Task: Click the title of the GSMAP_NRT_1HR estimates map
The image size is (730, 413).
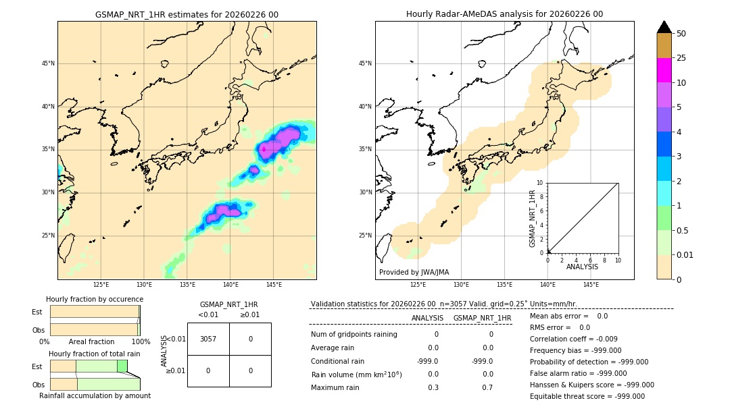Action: point(187,14)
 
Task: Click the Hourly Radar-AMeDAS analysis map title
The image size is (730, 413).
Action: point(504,14)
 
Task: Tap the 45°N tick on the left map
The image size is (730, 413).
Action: point(48,63)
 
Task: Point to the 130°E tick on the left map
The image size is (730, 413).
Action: point(144,285)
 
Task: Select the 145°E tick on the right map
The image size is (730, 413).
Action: point(591,285)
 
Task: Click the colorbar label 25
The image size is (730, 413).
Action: point(681,58)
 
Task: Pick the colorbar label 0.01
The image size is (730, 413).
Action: point(685,254)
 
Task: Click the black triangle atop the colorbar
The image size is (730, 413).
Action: point(664,27)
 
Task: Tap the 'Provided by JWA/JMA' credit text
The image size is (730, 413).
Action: point(414,272)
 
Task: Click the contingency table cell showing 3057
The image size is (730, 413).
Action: point(208,339)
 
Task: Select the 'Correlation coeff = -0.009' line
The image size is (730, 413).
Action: point(573,339)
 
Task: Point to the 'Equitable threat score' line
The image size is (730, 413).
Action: point(587,396)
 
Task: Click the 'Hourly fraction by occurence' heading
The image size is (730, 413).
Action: point(95,299)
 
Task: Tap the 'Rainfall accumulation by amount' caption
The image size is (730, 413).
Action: point(95,395)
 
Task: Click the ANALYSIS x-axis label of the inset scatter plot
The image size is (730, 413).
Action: point(582,267)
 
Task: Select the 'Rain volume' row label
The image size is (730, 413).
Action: point(356,375)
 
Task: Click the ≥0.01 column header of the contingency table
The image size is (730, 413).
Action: point(249,314)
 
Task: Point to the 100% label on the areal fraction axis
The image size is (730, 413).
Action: point(141,341)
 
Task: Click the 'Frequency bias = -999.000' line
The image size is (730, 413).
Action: point(575,350)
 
